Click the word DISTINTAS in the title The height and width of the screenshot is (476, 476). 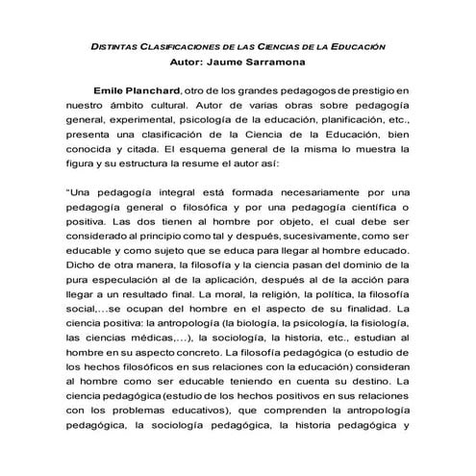[115, 45]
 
